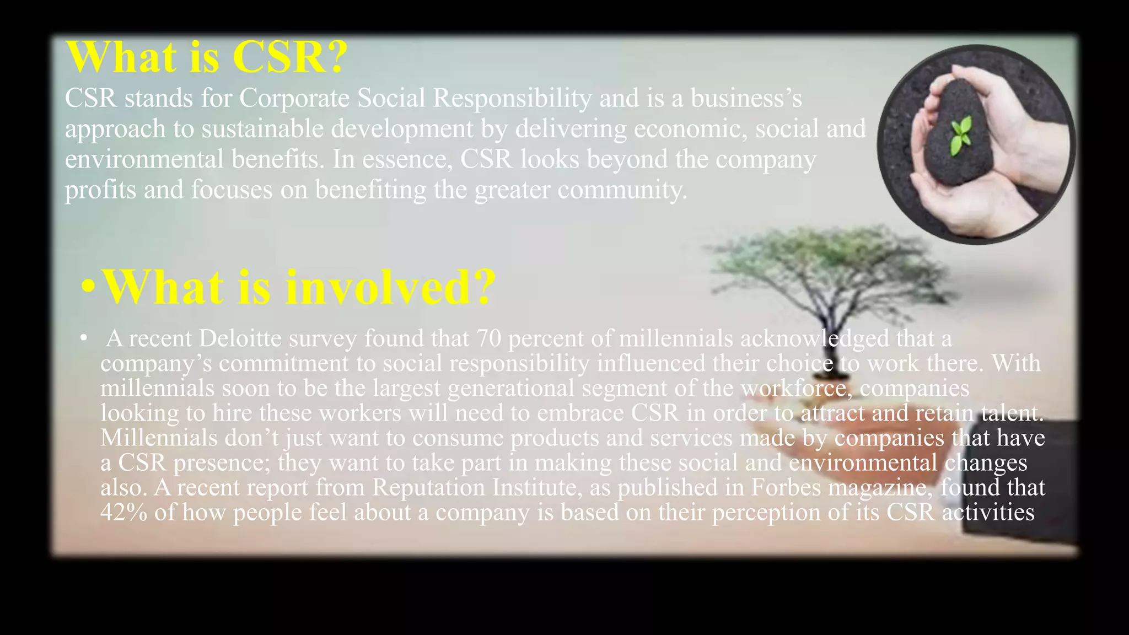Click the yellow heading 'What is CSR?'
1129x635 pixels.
coord(207,57)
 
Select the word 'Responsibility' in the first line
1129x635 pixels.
coord(512,99)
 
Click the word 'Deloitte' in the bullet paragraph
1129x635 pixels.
coord(240,339)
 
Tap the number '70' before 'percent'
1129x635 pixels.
coord(488,339)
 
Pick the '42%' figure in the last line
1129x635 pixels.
coord(124,513)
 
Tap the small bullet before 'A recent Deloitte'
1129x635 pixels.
coord(83,338)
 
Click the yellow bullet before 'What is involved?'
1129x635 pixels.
coord(88,287)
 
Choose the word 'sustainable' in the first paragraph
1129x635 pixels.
coord(262,130)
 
